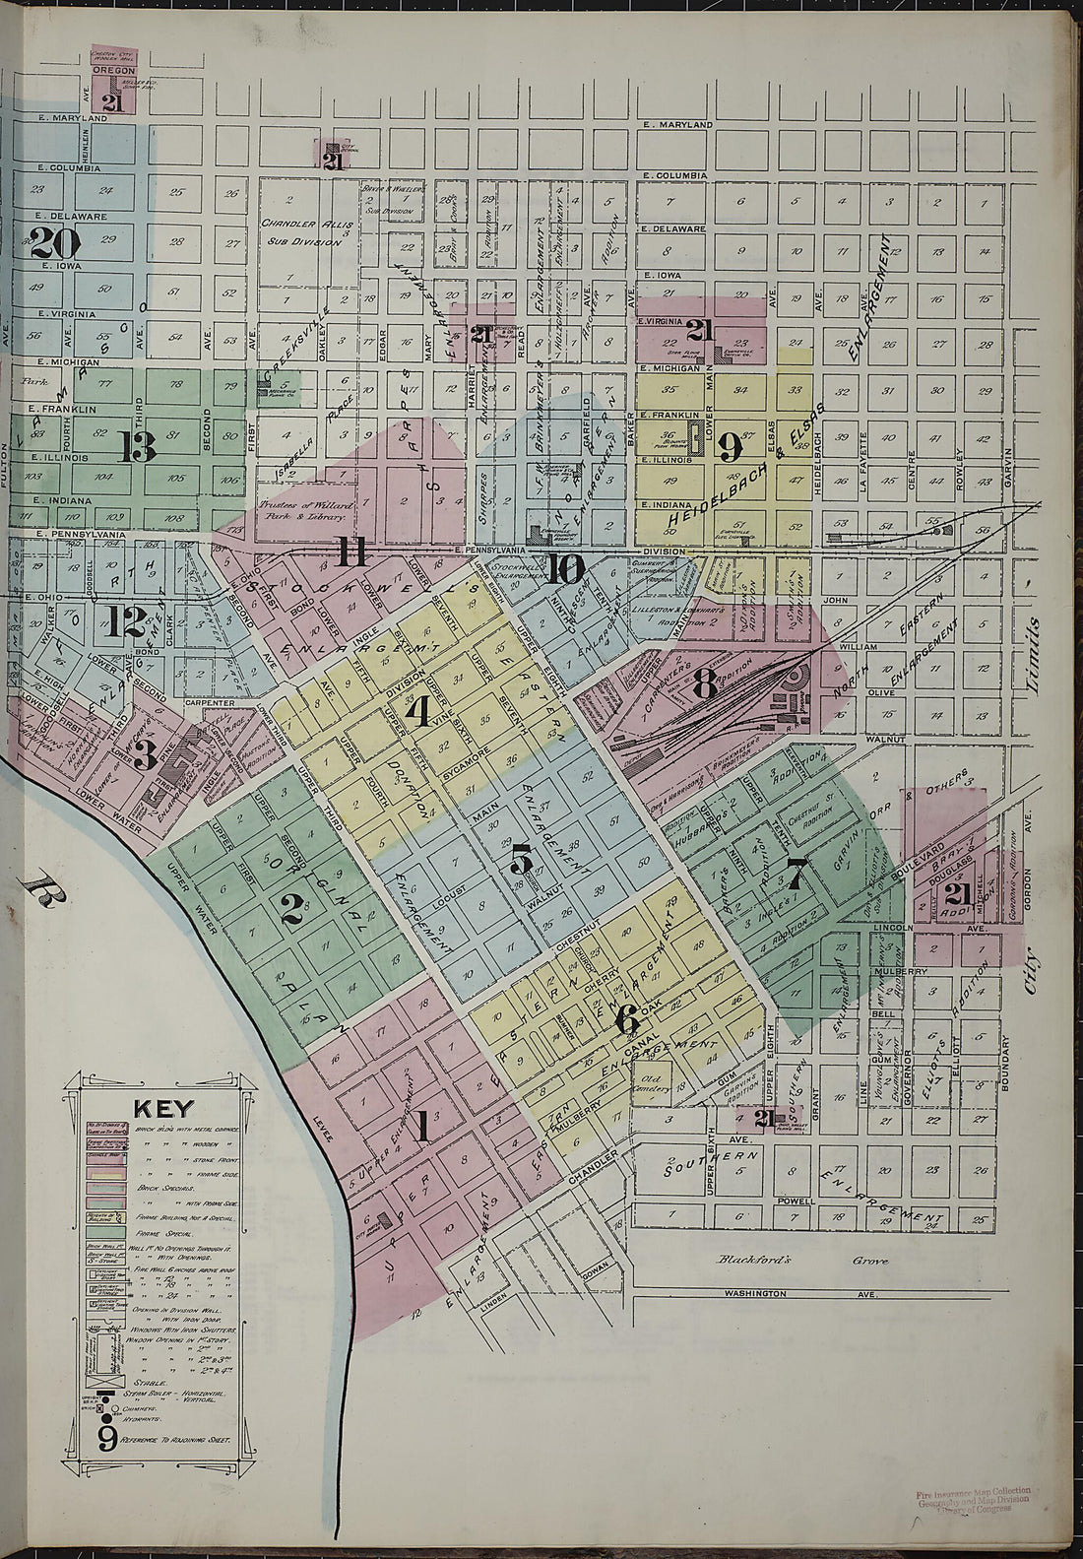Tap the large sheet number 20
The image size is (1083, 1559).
54,239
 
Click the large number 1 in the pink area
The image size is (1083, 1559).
421,1125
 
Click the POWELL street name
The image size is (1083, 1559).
796,1202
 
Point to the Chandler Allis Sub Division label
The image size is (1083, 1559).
305,230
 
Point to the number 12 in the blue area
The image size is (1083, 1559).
126,621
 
